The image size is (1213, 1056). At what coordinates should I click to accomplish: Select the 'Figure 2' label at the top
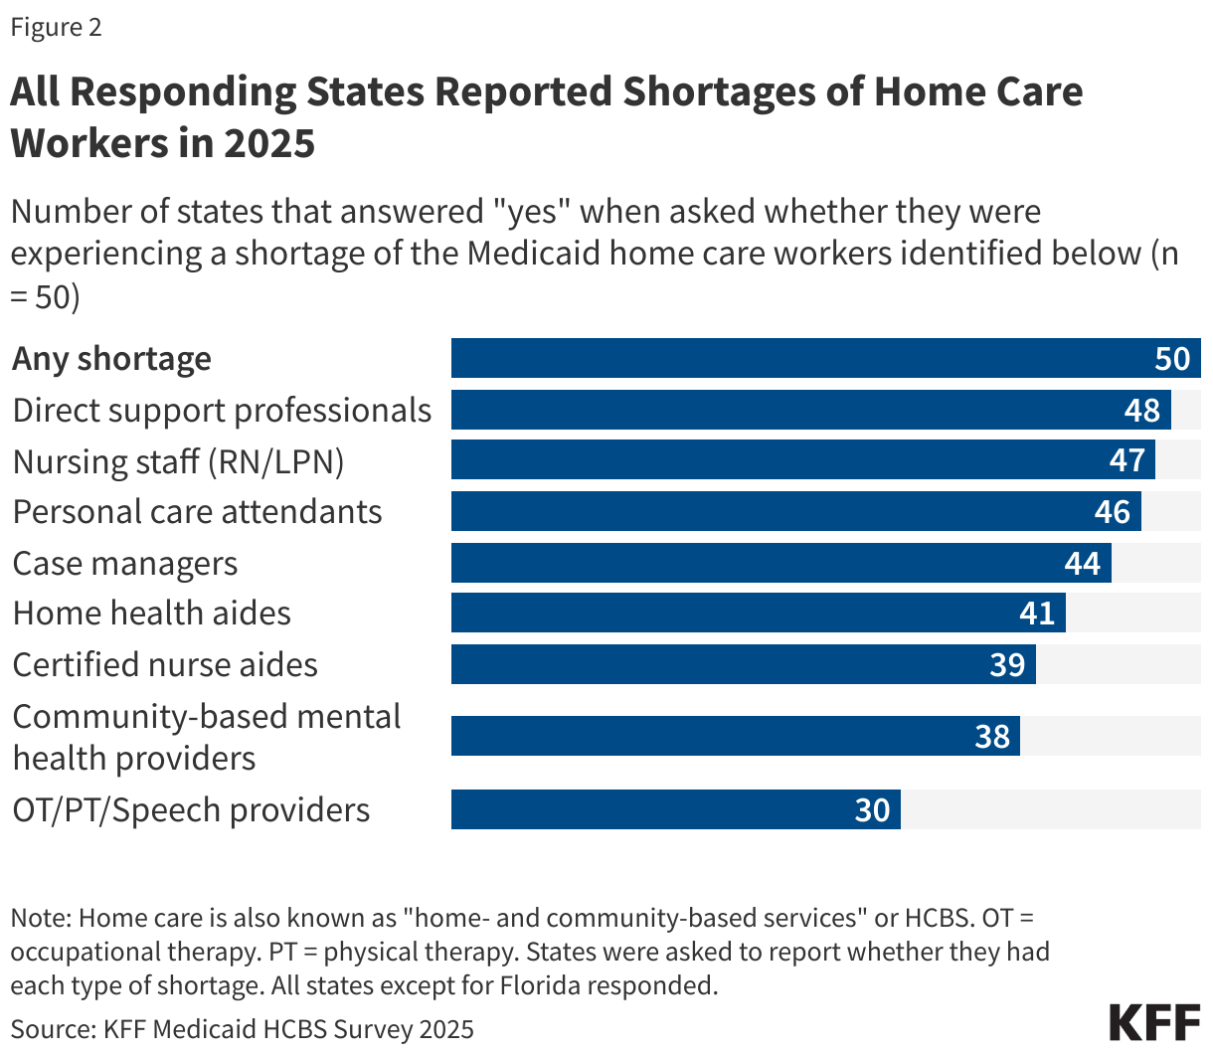point(56,27)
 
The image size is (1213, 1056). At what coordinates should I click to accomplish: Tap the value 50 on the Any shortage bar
point(1172,358)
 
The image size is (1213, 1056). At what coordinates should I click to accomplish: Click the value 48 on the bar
point(1142,410)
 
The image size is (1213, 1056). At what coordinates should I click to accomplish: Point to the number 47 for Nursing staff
point(1127,460)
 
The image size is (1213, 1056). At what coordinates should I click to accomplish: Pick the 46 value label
point(1113,512)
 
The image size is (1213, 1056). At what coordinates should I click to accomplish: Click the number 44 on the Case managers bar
point(1083,564)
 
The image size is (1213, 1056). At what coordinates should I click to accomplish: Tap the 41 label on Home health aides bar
point(1037,614)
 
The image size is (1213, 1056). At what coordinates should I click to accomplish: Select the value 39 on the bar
point(1007,665)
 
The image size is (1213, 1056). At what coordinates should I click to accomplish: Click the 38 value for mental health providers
point(992,737)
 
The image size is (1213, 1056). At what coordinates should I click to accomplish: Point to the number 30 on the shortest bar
point(872,810)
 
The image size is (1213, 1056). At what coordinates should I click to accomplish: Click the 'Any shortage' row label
point(112,358)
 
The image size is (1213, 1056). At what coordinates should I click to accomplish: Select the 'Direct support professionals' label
point(222,410)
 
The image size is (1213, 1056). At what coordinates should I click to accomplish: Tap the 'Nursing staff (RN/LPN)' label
point(179,461)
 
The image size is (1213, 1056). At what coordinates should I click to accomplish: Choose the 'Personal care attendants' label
point(197,512)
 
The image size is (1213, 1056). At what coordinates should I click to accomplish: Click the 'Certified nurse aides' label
point(165,664)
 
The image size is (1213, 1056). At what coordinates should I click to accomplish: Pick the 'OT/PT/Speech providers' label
point(191,810)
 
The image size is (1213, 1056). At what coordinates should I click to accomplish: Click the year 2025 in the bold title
point(268,143)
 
